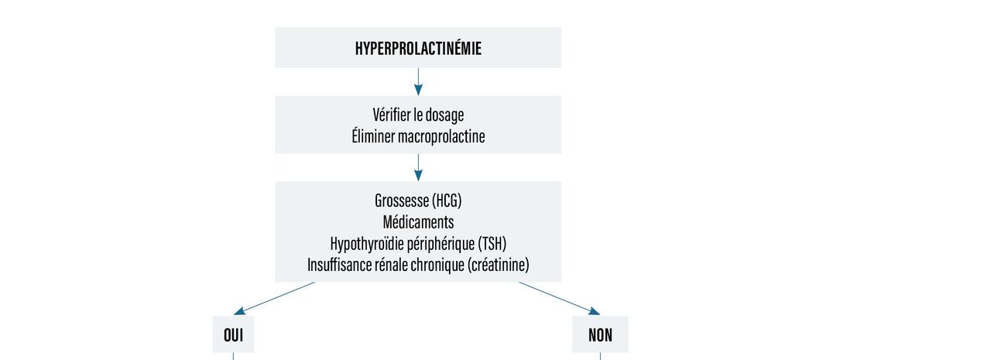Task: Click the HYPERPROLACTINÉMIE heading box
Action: (x=418, y=48)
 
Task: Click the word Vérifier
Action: (x=391, y=115)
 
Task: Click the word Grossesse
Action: (x=402, y=201)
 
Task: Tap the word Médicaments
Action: (x=418, y=222)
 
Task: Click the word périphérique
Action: (x=438, y=244)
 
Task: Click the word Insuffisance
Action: (x=341, y=266)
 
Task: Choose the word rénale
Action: (x=396, y=266)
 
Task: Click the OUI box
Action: (x=233, y=334)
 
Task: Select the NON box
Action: (x=600, y=334)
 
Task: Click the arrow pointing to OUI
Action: (x=275, y=298)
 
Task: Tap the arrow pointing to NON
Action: (x=559, y=298)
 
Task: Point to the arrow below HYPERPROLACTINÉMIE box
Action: (x=418, y=82)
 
